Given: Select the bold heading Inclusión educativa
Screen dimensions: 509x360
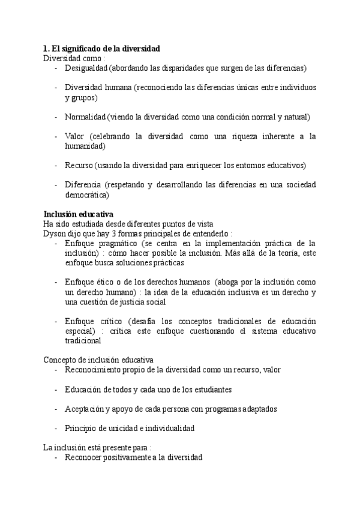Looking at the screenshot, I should [79, 214].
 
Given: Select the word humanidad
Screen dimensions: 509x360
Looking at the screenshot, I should [85, 145].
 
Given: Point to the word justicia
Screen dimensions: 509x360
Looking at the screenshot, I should [131, 301].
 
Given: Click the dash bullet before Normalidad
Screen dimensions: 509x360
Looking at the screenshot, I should [55, 116].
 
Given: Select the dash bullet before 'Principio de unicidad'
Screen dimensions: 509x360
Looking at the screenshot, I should [55, 428].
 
